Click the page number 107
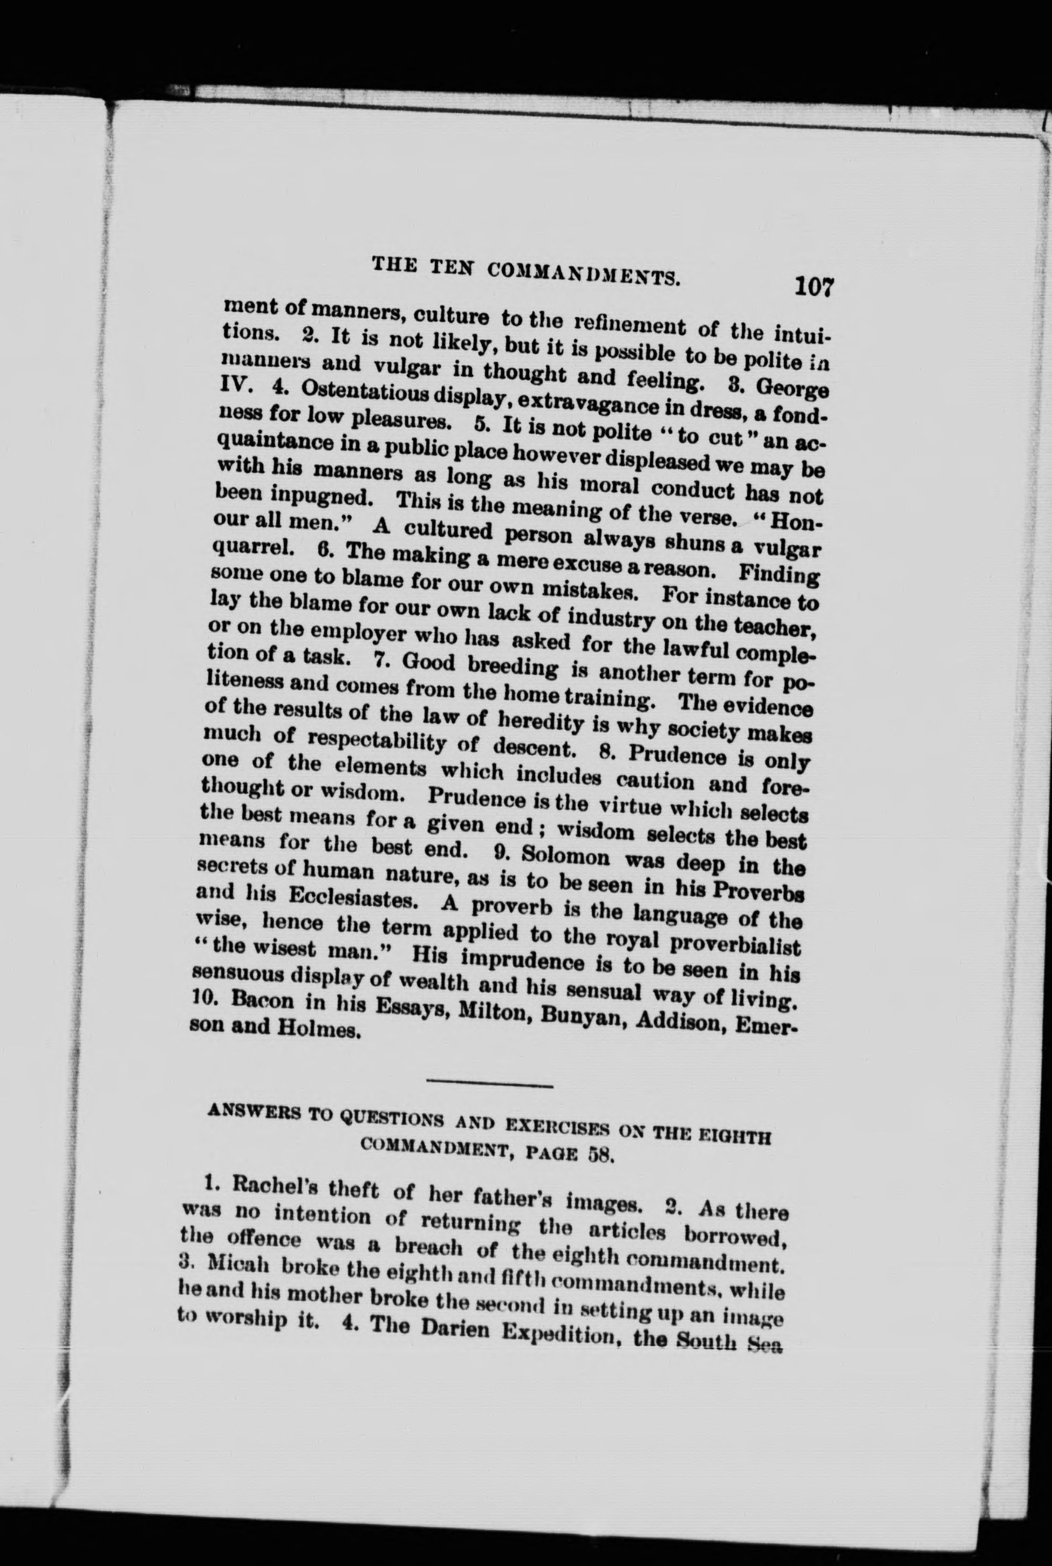(813, 286)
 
